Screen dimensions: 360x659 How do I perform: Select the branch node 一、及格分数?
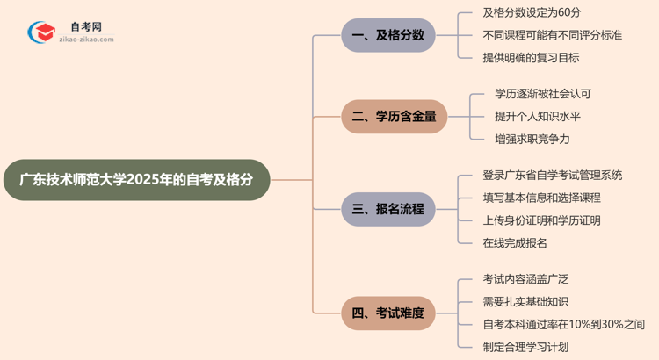pos(387,35)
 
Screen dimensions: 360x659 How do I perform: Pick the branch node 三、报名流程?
pos(387,209)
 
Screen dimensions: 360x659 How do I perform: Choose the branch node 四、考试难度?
pos(387,312)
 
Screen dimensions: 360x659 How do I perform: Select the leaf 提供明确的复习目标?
pos(531,58)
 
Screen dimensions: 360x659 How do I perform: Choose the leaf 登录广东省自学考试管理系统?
pos(552,176)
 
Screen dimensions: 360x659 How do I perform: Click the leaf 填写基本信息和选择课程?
pos(541,198)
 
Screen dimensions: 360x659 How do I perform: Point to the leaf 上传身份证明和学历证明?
pos(541,220)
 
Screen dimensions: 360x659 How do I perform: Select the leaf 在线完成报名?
pos(515,243)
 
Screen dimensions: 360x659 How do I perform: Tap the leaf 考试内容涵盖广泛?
pos(525,279)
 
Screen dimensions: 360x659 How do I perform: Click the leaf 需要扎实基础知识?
pos(525,301)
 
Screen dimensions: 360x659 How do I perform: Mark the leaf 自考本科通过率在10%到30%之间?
pos(563,324)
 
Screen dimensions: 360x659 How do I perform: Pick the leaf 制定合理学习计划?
pos(525,347)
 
